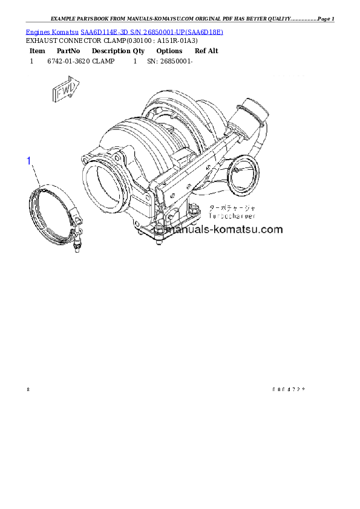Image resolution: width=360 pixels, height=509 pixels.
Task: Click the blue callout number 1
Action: point(28,160)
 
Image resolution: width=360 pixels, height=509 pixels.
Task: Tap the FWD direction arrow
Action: point(64,91)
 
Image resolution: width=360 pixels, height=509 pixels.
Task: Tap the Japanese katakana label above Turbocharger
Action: point(232,207)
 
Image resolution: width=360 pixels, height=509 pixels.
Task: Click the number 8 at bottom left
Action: point(28,389)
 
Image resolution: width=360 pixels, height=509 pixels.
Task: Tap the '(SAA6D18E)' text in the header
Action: point(204,32)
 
